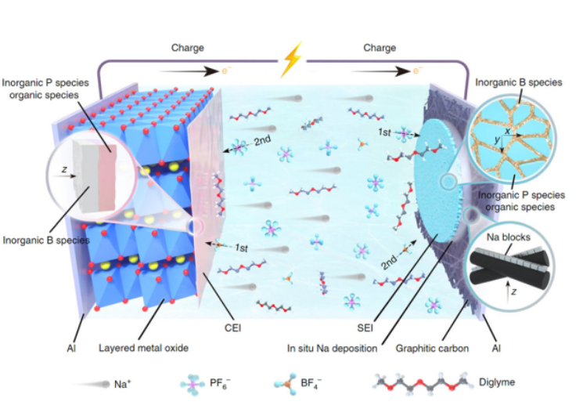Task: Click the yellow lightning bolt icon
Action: click(291, 56)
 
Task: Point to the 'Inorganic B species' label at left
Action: click(45, 238)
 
